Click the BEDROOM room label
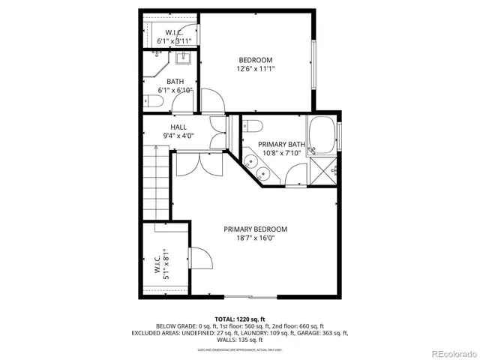(255, 60)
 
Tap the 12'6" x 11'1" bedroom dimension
(255, 69)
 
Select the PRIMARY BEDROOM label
(255, 229)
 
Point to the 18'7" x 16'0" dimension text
(255, 238)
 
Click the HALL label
(178, 127)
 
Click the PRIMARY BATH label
(281, 144)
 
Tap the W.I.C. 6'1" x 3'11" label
(174, 37)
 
